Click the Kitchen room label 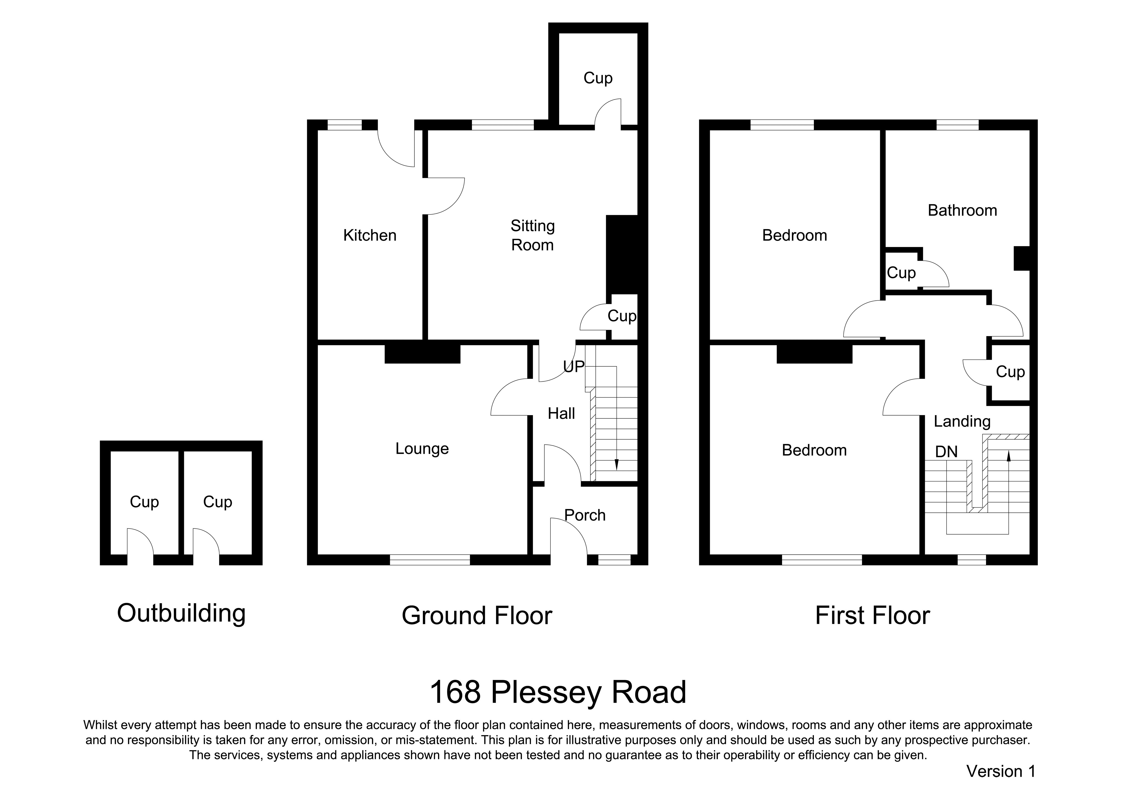[370, 235]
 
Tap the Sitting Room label [532, 235]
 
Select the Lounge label [422, 449]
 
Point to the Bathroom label [962, 210]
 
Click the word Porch [585, 515]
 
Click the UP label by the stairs [574, 366]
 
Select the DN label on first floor [947, 452]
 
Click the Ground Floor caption [477, 616]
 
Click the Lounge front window [430, 560]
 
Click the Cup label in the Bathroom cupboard [901, 273]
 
